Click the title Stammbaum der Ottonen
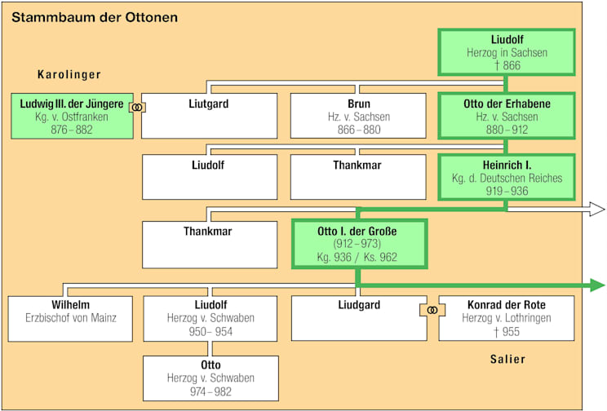coord(95,17)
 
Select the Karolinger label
coord(69,75)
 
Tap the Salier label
coord(507,359)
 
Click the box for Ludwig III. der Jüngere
coord(72,116)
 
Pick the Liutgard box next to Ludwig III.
coord(208,116)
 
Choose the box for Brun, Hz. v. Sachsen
coord(358,116)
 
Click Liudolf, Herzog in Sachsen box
coord(507,52)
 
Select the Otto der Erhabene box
coord(507,116)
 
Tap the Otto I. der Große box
coord(358,244)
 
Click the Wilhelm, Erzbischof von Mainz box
coord(71,317)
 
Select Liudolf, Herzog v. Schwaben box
coord(208,317)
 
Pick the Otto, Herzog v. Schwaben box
coord(208,378)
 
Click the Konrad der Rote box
coord(507,317)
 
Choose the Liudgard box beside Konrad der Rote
coord(358,317)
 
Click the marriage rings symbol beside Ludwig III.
coord(137,108)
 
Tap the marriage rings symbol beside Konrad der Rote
coord(432,310)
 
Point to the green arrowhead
coord(596,285)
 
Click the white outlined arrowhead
coord(596,210)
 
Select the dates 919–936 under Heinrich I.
coord(507,191)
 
